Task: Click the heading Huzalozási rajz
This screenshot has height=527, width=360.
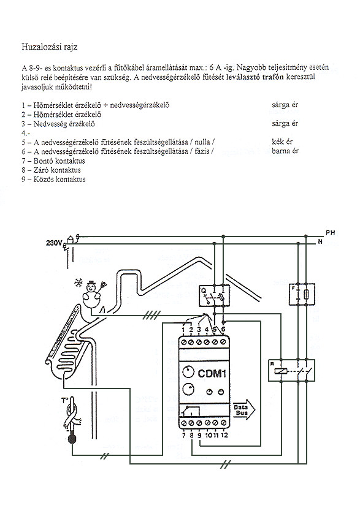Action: (x=50, y=47)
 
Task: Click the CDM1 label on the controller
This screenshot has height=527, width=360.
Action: (x=212, y=373)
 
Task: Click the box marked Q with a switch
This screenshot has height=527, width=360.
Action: (x=214, y=295)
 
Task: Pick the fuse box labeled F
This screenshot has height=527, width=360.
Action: (x=302, y=294)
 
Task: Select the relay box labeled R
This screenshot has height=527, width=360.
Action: (x=291, y=370)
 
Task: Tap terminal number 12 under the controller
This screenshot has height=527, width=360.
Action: (x=224, y=435)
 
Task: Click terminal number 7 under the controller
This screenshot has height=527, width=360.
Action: (x=184, y=435)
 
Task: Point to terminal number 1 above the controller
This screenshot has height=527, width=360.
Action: (x=183, y=330)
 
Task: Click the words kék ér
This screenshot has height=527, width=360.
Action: (x=282, y=142)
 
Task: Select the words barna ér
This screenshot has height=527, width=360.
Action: (x=285, y=151)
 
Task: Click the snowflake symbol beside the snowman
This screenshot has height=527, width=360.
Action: (x=78, y=283)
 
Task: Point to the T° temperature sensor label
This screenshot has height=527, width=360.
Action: (x=64, y=400)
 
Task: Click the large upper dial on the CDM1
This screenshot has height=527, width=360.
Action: (x=189, y=372)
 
